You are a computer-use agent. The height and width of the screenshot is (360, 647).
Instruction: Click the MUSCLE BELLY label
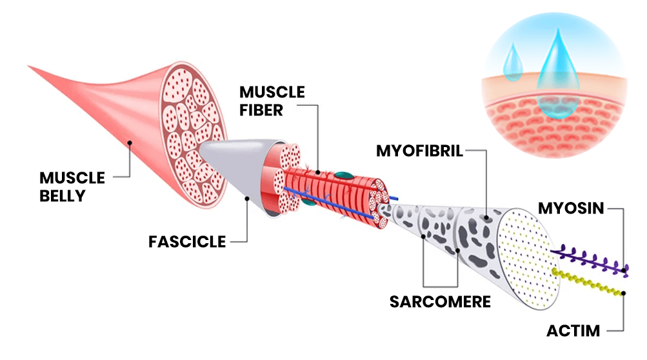(72, 186)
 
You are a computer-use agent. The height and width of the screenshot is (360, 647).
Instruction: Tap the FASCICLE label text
(187, 242)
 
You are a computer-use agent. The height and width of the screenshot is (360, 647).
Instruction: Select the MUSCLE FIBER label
(272, 101)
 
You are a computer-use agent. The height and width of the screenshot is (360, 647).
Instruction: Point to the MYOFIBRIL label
(419, 151)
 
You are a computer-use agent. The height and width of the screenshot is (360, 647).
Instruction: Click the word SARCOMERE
(441, 302)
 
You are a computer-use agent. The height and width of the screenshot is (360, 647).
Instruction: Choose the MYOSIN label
(571, 208)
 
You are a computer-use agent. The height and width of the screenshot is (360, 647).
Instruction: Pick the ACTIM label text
(573, 331)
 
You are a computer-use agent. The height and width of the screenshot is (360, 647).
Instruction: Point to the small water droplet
(513, 63)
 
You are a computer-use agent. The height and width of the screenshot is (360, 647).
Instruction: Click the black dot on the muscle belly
(130, 143)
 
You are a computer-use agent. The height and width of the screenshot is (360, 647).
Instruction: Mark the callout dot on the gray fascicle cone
(247, 199)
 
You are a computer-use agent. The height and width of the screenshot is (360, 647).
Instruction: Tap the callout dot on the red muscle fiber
(318, 172)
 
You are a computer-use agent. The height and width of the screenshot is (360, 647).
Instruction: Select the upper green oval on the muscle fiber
(344, 175)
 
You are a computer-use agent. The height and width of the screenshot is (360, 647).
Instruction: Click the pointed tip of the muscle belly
(28, 66)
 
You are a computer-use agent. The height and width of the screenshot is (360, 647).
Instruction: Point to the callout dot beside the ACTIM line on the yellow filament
(624, 293)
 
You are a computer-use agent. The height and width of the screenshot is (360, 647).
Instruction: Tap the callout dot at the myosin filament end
(624, 270)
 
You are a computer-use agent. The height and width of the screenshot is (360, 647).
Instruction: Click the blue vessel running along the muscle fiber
(330, 203)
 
